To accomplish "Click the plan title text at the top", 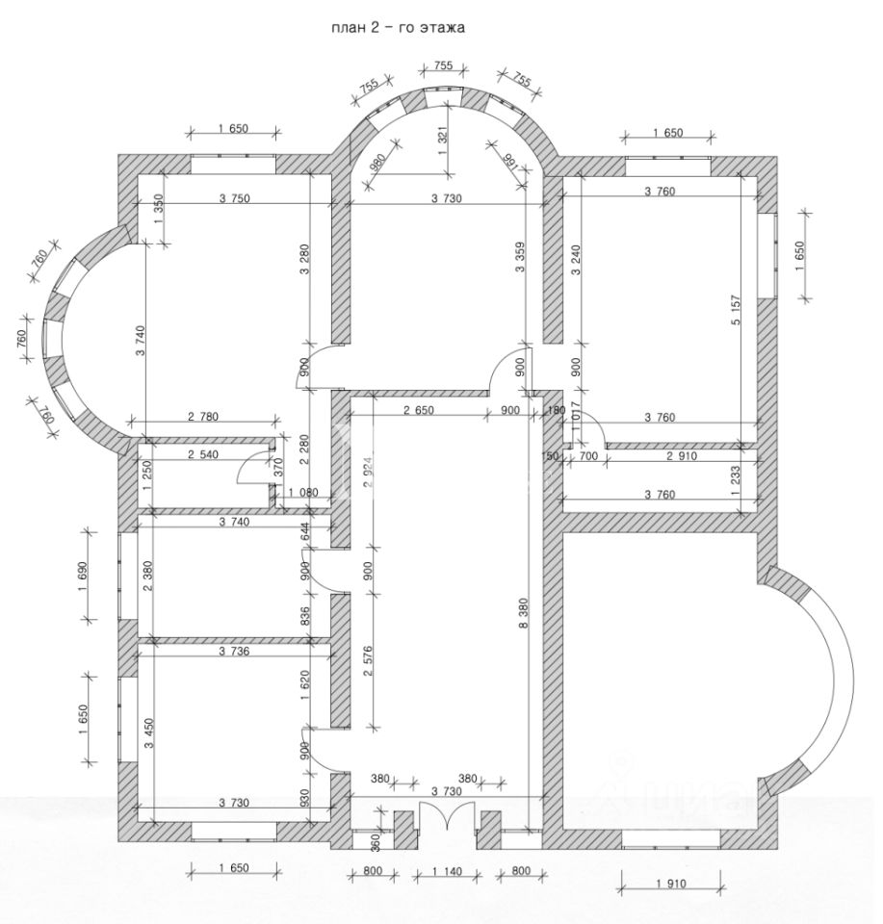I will tap(398, 28).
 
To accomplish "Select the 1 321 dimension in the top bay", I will tap(442, 145).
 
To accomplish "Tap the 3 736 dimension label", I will tap(234, 651).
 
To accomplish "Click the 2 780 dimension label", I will tap(203, 417).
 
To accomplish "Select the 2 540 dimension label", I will tap(203, 453).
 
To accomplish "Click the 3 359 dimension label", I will tap(521, 258).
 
